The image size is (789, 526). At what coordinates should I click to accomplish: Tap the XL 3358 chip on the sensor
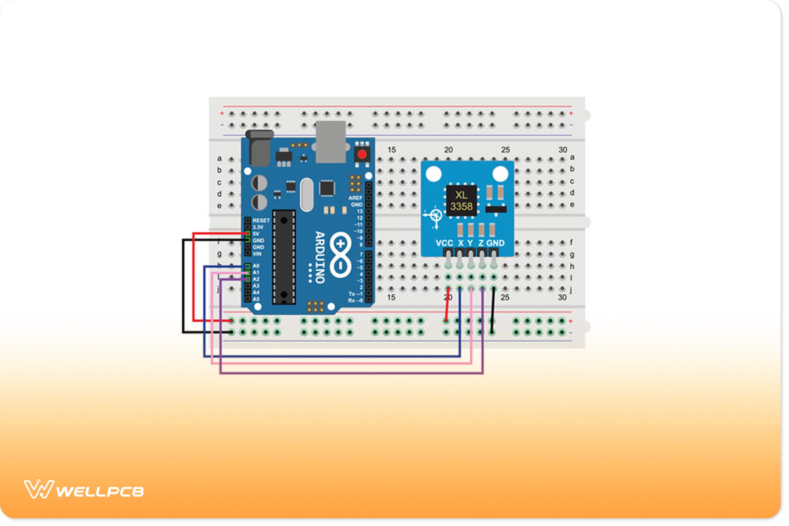tap(461, 201)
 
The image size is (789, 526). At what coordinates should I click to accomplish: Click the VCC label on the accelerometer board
tap(444, 243)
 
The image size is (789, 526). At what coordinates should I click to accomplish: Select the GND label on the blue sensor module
tap(496, 243)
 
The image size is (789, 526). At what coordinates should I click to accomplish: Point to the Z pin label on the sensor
tap(481, 243)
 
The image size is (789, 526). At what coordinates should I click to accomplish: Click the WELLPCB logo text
tap(100, 492)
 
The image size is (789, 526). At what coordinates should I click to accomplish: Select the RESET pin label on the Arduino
tap(261, 220)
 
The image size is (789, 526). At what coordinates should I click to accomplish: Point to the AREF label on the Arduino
tap(355, 198)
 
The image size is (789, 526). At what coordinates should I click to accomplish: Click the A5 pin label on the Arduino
tap(256, 299)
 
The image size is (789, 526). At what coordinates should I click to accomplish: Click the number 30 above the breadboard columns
tap(562, 150)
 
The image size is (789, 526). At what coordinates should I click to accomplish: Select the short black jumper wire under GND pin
tap(493, 310)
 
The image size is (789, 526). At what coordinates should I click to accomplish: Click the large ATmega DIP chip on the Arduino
tap(284, 257)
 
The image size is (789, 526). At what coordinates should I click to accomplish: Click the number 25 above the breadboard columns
tap(505, 150)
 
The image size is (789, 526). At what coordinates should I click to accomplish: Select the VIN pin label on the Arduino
tap(257, 254)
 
